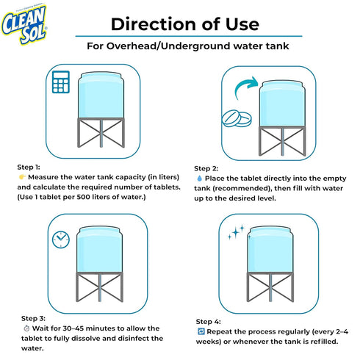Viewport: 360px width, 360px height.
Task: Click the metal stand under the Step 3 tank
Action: tap(99, 289)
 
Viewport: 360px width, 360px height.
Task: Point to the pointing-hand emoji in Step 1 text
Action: tap(21, 177)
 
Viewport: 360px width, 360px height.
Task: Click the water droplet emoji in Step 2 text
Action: tap(200, 178)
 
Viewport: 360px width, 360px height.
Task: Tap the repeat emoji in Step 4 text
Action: tap(201, 331)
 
